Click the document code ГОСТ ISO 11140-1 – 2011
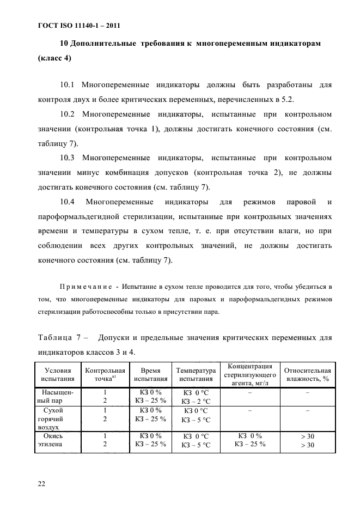click(x=79, y=26)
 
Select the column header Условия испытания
click(x=57, y=374)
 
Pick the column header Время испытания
click(x=150, y=374)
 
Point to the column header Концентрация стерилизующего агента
click(x=250, y=374)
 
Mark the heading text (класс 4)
click(x=54, y=58)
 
